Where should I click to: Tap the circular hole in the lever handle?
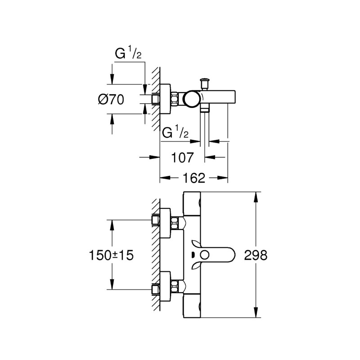(x=206, y=255)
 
